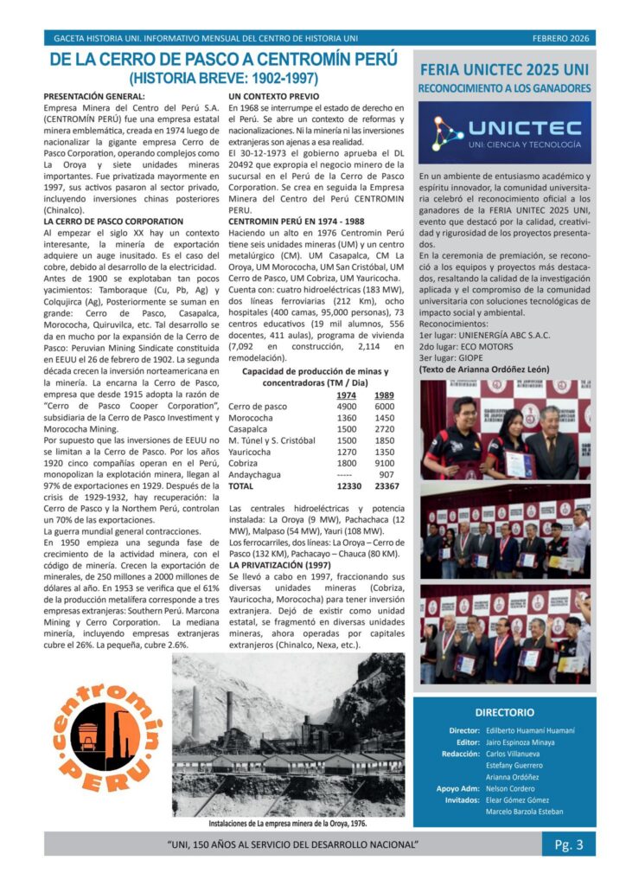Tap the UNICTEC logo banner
(x=504, y=132)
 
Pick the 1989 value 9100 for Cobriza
(x=385, y=463)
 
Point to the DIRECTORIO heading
(x=504, y=712)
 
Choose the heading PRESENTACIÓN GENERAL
(x=94, y=95)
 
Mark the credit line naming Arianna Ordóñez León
(x=483, y=369)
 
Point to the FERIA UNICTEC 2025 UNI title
(x=504, y=69)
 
